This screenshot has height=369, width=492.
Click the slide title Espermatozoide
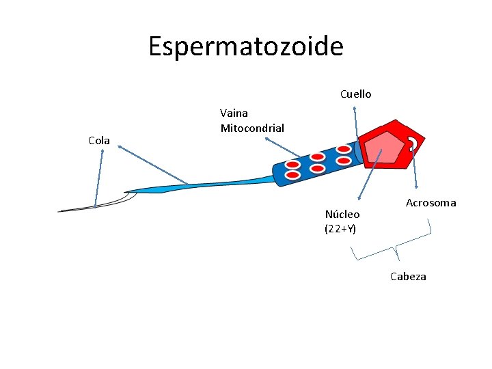point(246,46)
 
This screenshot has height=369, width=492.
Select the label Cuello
point(355,94)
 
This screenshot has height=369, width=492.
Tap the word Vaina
point(234,113)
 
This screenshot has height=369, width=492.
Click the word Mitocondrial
point(252,128)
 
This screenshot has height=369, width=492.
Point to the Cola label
point(99,141)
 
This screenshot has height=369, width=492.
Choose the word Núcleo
point(342,215)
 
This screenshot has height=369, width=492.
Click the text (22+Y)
point(340,229)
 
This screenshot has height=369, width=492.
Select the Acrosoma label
point(430,203)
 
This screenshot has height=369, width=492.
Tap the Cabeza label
point(408,277)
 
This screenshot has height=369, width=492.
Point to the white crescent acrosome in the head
point(413,142)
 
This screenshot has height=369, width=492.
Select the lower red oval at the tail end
point(292,176)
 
